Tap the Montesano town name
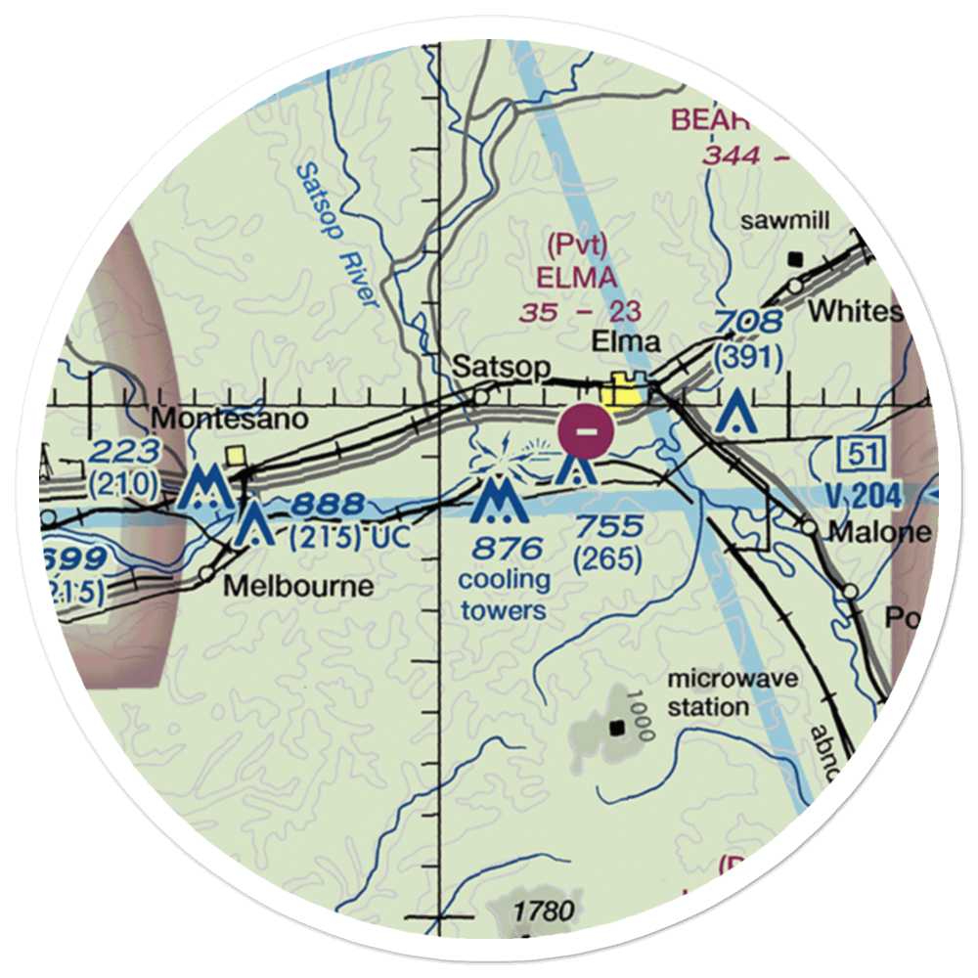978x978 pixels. point(216,420)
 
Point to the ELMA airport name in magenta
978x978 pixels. point(577,279)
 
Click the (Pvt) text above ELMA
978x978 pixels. point(577,245)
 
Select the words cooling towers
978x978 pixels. point(504,595)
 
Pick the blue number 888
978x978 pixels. point(327,506)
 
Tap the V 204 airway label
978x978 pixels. point(862,497)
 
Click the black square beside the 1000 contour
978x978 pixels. point(617,728)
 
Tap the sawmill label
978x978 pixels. point(785,221)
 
